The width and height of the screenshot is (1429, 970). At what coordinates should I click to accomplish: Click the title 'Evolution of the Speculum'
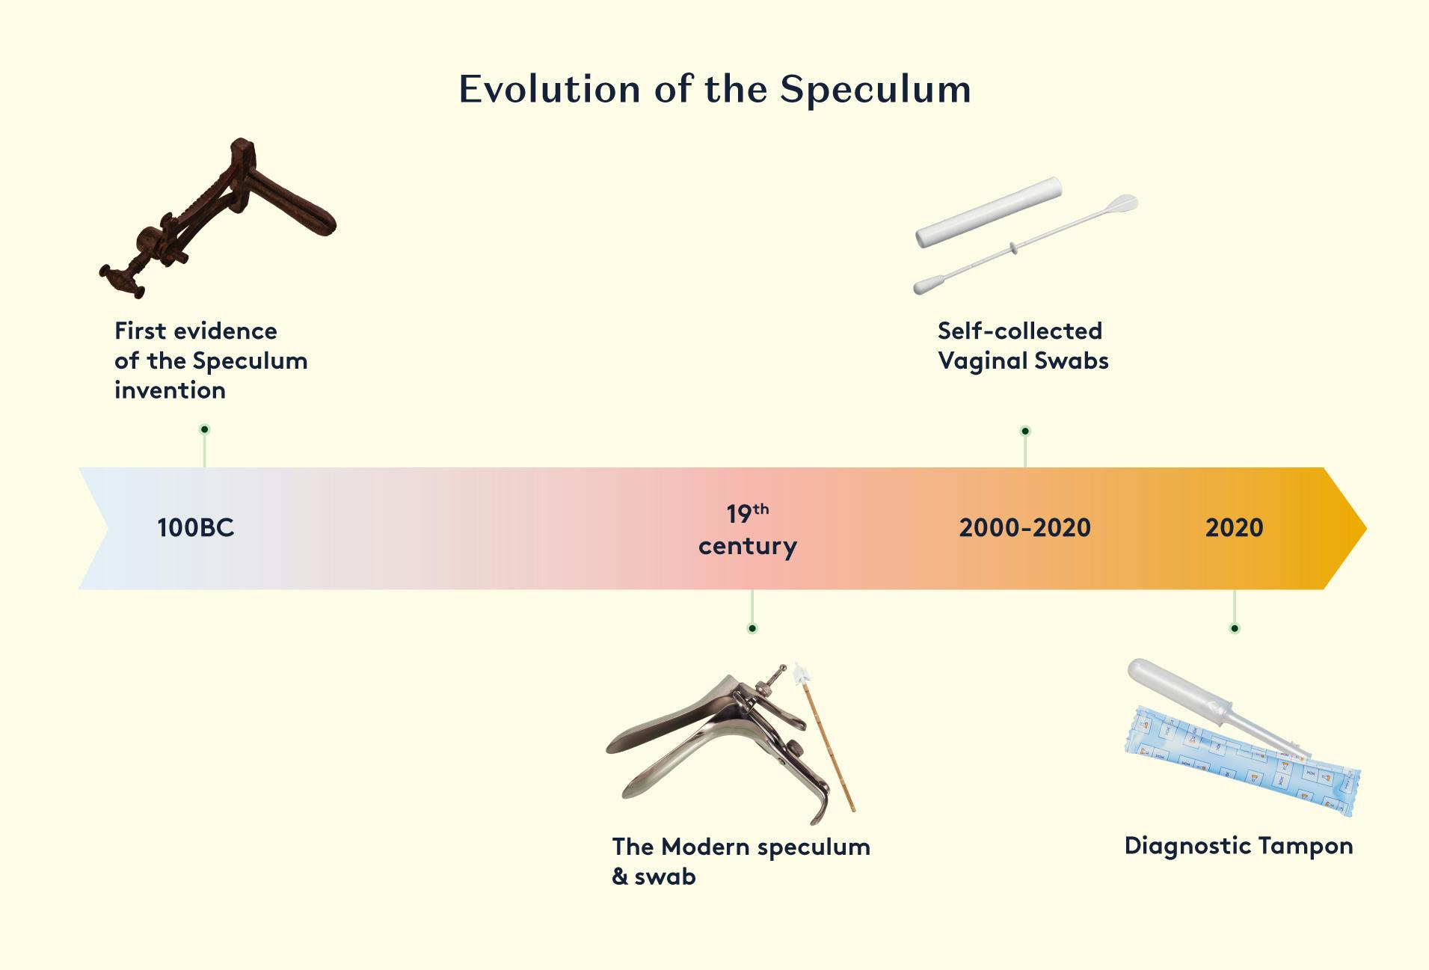(715, 89)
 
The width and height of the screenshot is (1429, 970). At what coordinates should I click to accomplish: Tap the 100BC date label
(196, 528)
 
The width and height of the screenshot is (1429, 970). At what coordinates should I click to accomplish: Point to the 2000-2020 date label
(1025, 528)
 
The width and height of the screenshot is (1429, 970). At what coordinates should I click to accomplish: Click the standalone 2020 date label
(1235, 528)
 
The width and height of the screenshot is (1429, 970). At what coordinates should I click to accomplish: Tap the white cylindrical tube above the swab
(989, 212)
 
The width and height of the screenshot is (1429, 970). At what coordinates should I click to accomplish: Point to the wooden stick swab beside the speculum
(826, 737)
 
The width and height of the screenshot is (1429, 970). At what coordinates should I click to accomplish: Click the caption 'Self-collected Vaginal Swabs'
(1023, 346)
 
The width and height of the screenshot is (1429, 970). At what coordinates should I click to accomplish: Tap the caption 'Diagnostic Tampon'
(1239, 846)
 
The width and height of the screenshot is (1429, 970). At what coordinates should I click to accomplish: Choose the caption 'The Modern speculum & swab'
(741, 861)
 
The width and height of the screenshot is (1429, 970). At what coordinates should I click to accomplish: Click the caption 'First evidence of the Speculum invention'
(211, 360)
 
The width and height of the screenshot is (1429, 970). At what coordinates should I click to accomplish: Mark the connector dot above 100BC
(205, 429)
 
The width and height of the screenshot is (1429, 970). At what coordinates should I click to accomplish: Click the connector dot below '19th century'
(752, 628)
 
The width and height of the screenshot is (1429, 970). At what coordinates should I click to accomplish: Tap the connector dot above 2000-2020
(1025, 431)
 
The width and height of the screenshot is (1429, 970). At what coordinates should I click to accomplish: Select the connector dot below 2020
(1235, 628)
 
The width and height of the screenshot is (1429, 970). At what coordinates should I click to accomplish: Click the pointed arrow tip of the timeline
(1365, 529)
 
